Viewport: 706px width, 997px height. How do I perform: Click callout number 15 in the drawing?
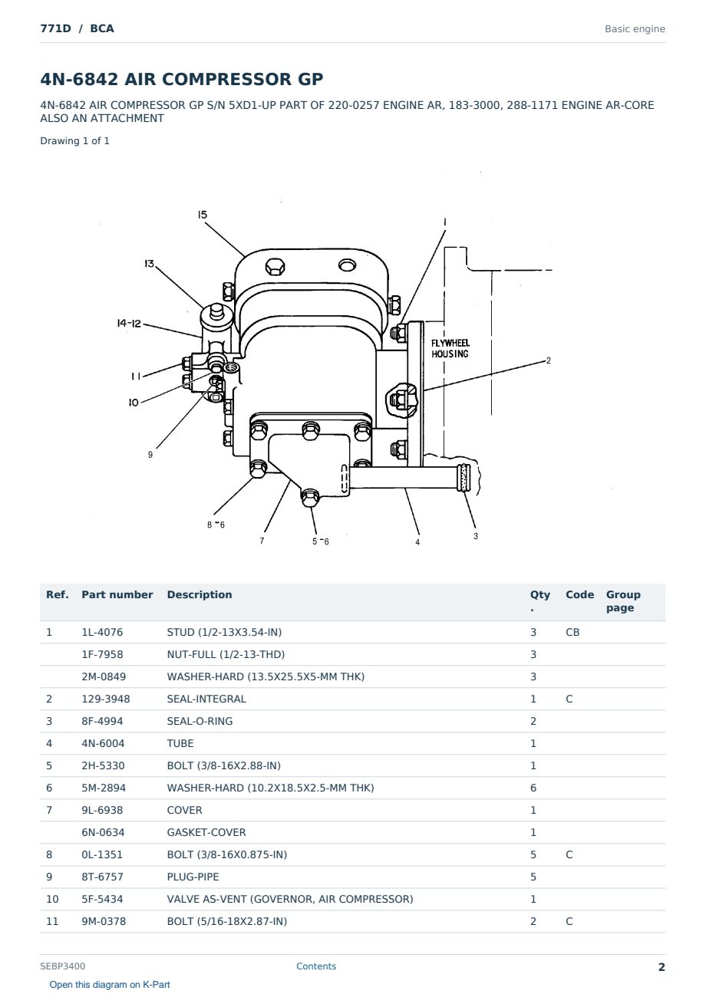[203, 215]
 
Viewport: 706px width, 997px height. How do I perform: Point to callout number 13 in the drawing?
[149, 264]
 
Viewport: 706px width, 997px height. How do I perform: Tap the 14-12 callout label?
[129, 323]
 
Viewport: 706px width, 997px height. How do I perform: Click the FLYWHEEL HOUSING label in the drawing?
[450, 348]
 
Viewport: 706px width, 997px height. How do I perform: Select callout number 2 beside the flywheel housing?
[549, 360]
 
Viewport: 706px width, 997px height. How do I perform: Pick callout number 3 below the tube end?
[476, 536]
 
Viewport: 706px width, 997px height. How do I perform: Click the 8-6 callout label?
[216, 525]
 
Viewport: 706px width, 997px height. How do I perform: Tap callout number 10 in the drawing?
[134, 403]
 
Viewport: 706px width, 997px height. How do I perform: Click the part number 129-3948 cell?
[106, 699]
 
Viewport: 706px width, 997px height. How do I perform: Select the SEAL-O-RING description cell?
[200, 721]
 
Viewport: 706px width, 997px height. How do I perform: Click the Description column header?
[199, 594]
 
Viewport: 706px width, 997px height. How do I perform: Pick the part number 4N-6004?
[103, 743]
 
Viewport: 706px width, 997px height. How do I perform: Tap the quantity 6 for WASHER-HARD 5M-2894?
[533, 788]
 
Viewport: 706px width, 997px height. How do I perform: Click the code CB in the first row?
[572, 632]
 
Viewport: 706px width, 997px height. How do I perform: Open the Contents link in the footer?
[316, 966]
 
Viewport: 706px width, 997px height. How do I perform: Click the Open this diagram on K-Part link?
[110, 985]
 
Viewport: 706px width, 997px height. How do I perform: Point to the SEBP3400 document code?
[63, 966]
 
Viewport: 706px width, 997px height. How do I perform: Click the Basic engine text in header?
[635, 29]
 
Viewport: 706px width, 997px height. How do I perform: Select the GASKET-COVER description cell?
[206, 832]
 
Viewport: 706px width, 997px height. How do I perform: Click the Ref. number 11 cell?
[52, 921]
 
